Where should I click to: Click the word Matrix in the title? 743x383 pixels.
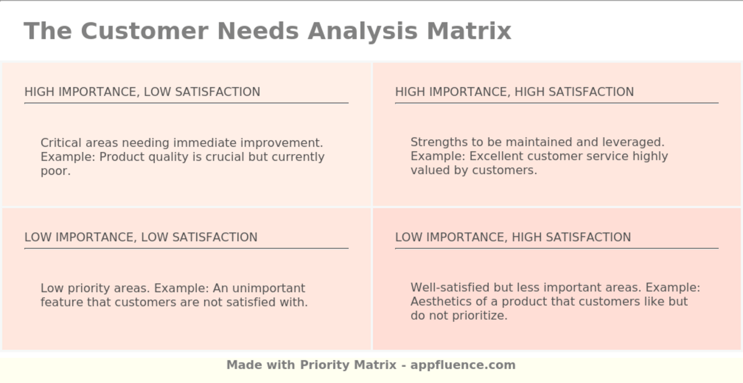pos(469,31)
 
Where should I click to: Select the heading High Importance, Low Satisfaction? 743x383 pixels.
pos(142,92)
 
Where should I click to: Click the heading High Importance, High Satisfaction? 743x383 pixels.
pos(514,92)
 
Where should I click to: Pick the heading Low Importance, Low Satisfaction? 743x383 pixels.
pos(141,237)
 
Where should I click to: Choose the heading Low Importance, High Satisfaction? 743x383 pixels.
pos(513,237)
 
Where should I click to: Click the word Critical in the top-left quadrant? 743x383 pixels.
pos(61,143)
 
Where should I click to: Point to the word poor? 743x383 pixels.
pos(55,171)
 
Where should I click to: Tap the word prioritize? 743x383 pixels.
pos(482,316)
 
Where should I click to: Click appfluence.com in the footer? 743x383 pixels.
pos(463,365)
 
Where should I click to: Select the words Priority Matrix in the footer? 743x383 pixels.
pos(348,365)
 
